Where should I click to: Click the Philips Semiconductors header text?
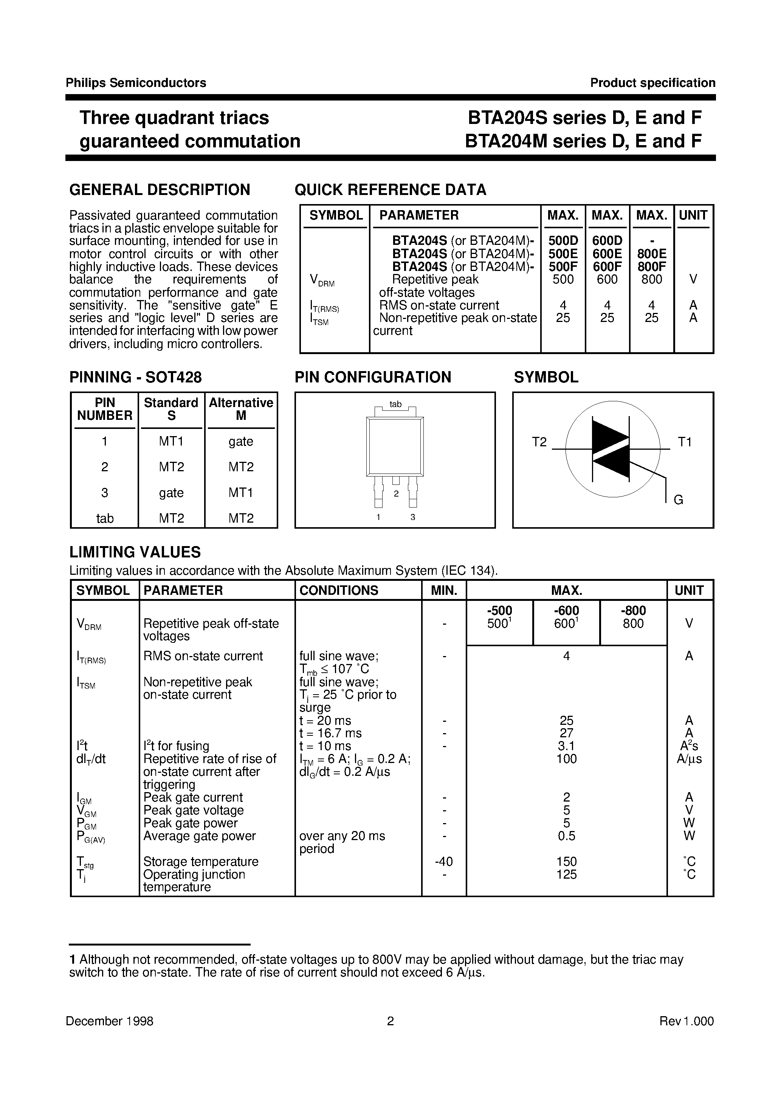click(x=136, y=83)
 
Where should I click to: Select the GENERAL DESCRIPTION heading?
click(x=160, y=190)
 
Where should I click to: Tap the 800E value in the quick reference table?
click(x=651, y=254)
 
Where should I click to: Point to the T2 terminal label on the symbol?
click(x=539, y=442)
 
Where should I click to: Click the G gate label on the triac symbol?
click(x=679, y=500)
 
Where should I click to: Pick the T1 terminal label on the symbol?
click(x=684, y=442)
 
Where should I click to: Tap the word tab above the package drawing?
click(x=395, y=404)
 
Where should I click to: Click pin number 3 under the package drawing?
click(x=413, y=517)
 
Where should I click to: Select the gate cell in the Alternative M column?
click(x=241, y=441)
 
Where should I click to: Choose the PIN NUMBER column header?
click(x=104, y=409)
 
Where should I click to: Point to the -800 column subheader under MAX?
click(x=633, y=611)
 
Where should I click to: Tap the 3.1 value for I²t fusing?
click(x=566, y=746)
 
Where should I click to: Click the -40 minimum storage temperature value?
click(x=443, y=862)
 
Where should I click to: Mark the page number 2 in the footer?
click(x=390, y=1021)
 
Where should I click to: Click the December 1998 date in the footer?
click(x=109, y=1021)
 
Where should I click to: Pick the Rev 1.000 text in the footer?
click(x=686, y=1021)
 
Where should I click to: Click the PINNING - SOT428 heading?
click(x=135, y=377)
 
